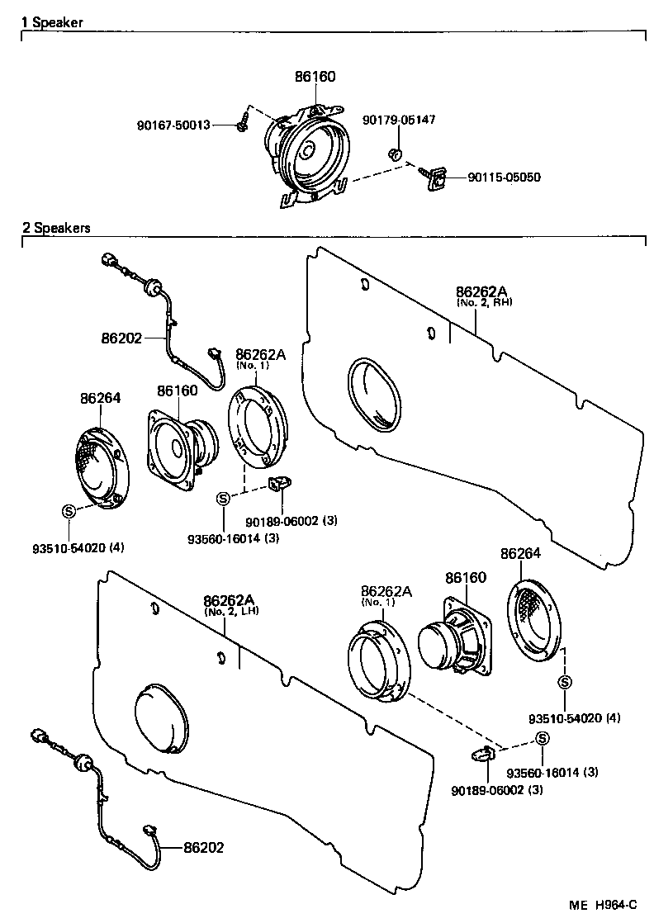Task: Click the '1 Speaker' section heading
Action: coord(52,23)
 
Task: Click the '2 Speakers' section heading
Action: coord(56,227)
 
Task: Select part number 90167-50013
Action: coord(173,125)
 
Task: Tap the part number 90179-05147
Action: coord(399,120)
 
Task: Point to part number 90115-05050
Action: coord(505,177)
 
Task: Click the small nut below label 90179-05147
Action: coord(396,154)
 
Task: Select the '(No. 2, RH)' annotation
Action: coord(484,302)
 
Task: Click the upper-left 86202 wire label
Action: coord(122,338)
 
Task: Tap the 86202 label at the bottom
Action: coord(203,848)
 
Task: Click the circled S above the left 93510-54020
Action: coord(69,511)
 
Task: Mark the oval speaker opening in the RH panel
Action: coord(377,395)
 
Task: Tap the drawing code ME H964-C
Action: coord(604,906)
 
